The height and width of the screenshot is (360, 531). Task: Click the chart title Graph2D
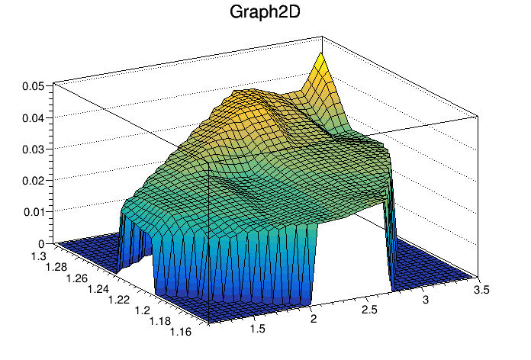(265, 12)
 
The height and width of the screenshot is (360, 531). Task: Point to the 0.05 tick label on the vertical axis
(31, 86)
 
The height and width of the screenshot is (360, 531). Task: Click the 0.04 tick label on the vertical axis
(31, 117)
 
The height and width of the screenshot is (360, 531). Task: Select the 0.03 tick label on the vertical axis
(31, 149)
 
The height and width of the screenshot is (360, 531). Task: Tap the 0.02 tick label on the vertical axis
(31, 180)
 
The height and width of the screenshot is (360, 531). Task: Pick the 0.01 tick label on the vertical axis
(31, 211)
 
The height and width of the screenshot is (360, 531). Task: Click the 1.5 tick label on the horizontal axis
(258, 329)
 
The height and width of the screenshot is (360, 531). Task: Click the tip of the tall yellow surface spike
(321, 55)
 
